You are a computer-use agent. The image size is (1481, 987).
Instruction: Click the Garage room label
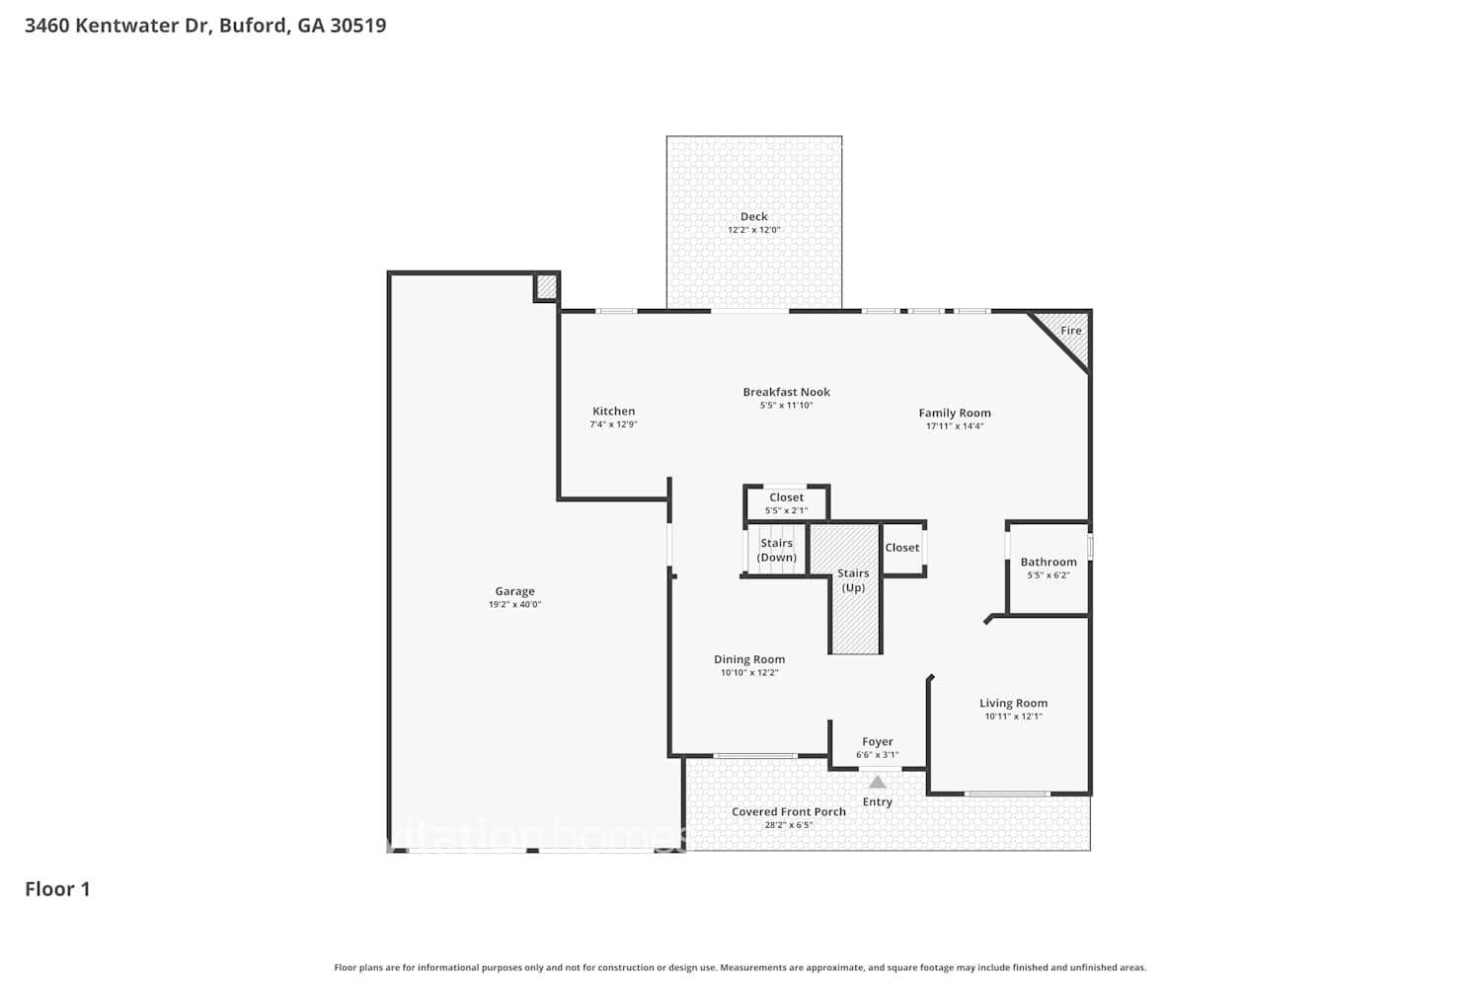514,591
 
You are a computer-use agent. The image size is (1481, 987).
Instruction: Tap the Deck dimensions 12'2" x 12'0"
753,230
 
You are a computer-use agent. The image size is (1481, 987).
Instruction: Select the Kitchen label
613,411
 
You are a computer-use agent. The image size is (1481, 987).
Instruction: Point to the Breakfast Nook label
786,392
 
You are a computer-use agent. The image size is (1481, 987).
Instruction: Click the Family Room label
954,413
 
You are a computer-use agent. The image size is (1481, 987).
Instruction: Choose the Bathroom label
1048,562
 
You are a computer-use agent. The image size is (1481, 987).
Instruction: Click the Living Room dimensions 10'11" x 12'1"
1013,717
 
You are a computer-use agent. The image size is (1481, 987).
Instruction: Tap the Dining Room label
749,659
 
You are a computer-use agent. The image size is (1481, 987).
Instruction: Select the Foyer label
877,741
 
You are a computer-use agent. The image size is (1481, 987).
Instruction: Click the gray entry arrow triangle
877,782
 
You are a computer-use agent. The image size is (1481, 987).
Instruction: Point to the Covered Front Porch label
788,811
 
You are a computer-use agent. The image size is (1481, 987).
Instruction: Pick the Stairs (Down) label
776,550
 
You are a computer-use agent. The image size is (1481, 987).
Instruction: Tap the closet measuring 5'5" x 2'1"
786,503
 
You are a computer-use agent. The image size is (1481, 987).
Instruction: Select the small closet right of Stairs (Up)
902,548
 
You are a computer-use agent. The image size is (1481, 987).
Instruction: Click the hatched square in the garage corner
546,287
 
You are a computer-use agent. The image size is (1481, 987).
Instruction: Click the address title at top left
205,26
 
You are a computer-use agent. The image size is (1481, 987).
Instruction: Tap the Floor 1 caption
57,889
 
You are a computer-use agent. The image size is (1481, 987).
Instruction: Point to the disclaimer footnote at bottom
740,968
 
